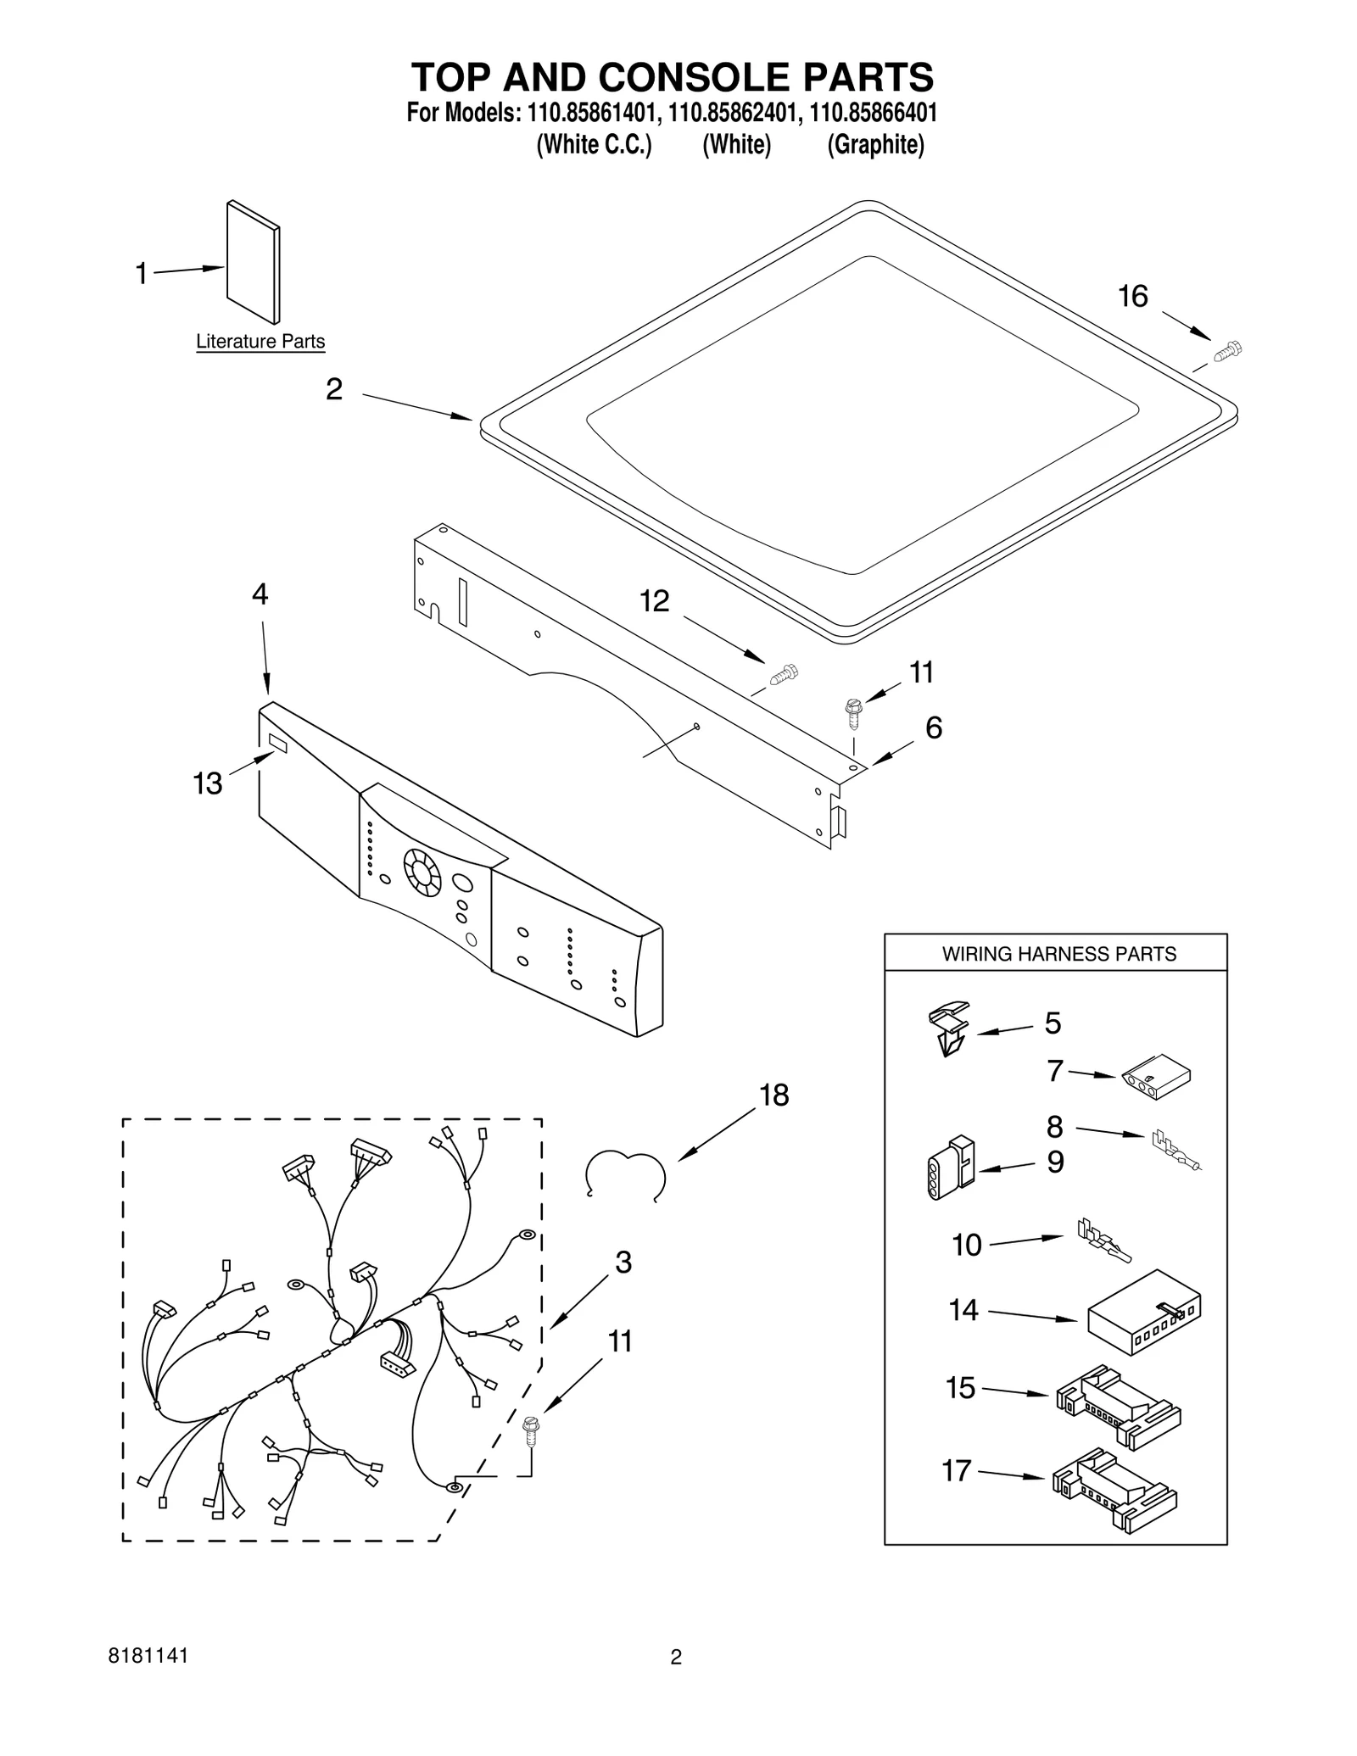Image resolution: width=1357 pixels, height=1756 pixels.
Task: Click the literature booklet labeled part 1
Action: (x=253, y=262)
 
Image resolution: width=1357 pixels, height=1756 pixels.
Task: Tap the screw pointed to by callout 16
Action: (x=1226, y=350)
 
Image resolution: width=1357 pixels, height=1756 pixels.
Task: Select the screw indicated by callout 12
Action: (x=785, y=675)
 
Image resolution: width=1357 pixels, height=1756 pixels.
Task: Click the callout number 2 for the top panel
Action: (x=334, y=389)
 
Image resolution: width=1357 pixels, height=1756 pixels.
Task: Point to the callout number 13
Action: (x=208, y=783)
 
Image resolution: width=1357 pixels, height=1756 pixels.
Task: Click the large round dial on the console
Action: (x=422, y=872)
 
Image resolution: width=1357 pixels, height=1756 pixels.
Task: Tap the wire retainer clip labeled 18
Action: (x=625, y=1173)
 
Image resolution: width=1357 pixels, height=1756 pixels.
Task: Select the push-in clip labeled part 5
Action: (x=948, y=1029)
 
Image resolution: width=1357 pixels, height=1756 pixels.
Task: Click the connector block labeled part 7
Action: (x=1154, y=1079)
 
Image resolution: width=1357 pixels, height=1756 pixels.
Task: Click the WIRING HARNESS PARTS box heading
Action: (x=1058, y=954)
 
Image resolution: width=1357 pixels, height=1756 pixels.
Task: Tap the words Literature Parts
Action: (x=260, y=342)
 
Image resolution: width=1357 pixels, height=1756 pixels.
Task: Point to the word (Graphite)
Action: (x=875, y=145)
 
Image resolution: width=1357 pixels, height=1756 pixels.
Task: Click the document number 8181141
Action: (x=148, y=1656)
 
